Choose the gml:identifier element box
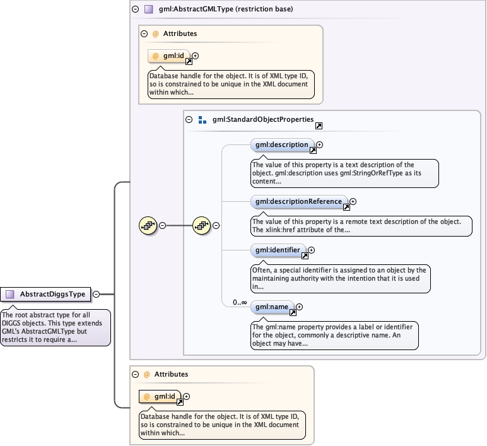pos(278,250)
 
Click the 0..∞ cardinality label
pos(240,302)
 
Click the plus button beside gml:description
pos(320,144)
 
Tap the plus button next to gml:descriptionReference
pos(353,202)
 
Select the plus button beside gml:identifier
pos(311,250)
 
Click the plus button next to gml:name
pos(299,307)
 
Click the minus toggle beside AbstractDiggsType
pos(97,294)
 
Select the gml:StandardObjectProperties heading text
pos(262,119)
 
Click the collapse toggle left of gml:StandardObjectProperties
pos(189,119)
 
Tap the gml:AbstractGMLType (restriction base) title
pos(226,9)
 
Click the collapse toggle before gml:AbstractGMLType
pos(135,9)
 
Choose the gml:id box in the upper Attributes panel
pos(168,56)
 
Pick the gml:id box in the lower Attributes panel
pos(160,397)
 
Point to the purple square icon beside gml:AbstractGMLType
pos(149,9)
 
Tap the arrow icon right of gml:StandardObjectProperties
pos(319,126)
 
